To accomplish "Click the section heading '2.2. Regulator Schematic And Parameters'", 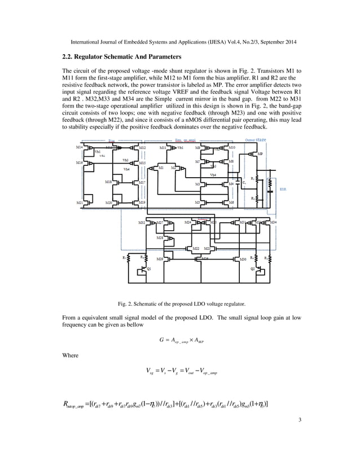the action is (x=121, y=57).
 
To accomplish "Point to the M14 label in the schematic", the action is (x=80, y=147).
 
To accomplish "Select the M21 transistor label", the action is (x=80, y=202).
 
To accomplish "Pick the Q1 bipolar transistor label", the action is (x=149, y=269).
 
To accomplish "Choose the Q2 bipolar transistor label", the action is (x=252, y=269).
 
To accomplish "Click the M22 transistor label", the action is (x=195, y=248).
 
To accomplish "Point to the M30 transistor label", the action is (x=243, y=260).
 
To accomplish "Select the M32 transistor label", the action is (x=142, y=223).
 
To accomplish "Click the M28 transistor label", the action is (x=160, y=238).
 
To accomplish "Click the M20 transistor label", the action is (x=108, y=202).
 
